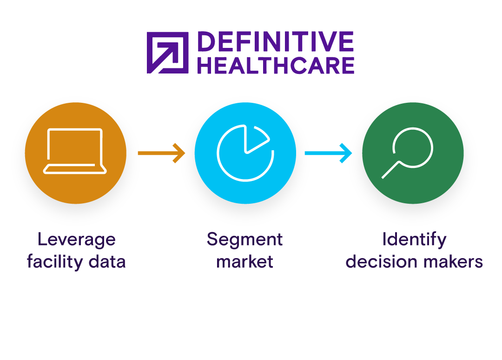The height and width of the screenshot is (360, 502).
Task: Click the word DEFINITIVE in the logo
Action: [275, 42]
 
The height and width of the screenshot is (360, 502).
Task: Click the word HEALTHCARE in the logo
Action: [275, 66]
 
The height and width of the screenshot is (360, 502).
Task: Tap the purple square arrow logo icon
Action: [167, 53]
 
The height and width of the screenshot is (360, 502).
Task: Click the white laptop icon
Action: [75, 151]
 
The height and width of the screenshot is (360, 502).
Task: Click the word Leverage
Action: [76, 240]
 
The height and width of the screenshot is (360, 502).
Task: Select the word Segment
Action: [245, 240]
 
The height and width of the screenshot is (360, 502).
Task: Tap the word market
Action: [245, 262]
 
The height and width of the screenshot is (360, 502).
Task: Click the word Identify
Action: [414, 240]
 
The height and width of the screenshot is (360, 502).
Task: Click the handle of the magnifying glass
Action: [390, 170]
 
